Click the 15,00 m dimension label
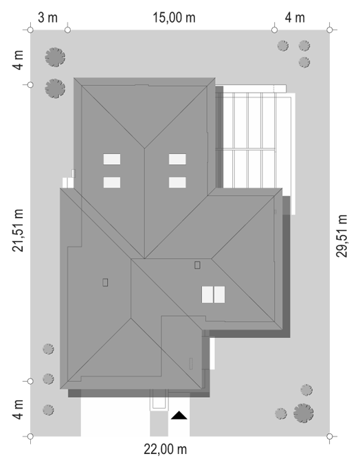[x=174, y=18]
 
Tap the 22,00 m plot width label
[x=166, y=449]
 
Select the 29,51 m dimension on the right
[x=341, y=236]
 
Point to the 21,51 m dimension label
[x=18, y=230]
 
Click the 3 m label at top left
[x=47, y=18]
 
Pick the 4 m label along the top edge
[x=295, y=18]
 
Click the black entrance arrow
[x=179, y=415]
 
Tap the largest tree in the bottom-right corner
[x=304, y=413]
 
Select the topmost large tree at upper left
[x=55, y=57]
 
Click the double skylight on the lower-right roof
[x=213, y=295]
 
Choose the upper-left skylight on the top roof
[x=112, y=159]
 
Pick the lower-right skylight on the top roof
[x=177, y=182]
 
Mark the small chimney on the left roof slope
[x=105, y=282]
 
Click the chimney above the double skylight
[x=197, y=265]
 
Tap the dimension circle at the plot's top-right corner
[x=329, y=30]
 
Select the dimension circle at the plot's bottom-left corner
[x=30, y=436]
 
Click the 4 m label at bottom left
[x=18, y=409]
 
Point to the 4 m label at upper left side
[x=18, y=60]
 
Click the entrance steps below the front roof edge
[x=159, y=400]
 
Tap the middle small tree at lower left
[x=48, y=379]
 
